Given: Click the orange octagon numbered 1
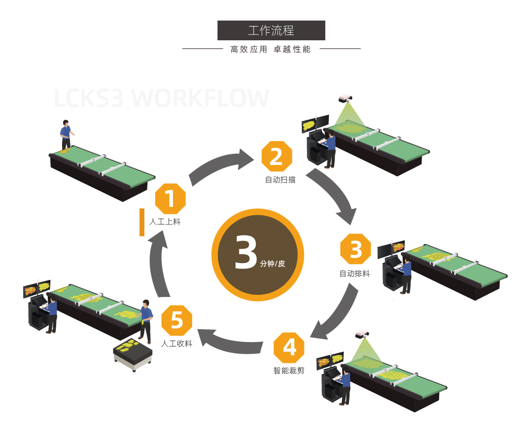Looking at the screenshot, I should [x=170, y=199].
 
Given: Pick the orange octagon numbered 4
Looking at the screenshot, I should [x=289, y=347].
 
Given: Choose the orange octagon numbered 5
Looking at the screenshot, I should [x=177, y=321].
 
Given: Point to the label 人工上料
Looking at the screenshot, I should [x=165, y=222].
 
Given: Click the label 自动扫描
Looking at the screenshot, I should [x=280, y=180].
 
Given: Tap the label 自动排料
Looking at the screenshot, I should [x=355, y=274].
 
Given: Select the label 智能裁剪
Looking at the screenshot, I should [x=289, y=371].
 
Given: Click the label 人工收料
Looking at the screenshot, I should [x=177, y=344].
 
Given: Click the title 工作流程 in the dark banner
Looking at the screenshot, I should [x=271, y=31].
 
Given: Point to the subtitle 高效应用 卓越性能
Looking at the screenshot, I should [x=271, y=49].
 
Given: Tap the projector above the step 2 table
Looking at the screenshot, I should [x=345, y=98].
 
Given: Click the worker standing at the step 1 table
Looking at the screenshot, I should [x=65, y=136].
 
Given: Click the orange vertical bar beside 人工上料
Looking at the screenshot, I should [x=142, y=222].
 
